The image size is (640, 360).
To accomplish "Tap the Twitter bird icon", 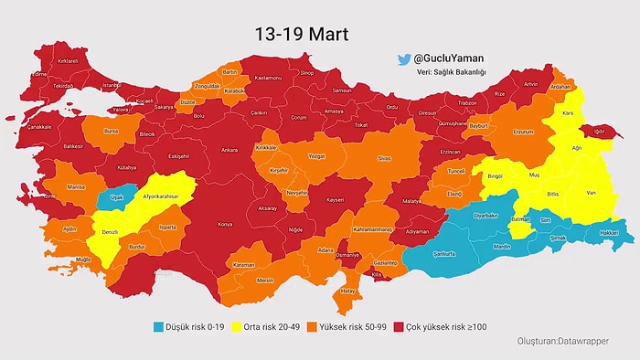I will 402,59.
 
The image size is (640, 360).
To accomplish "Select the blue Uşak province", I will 116,196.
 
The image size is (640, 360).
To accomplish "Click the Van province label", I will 591,192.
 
